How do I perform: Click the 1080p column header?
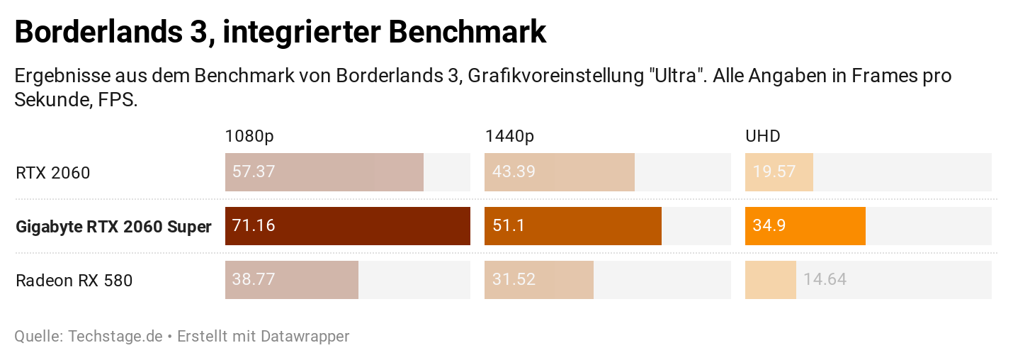click(249, 136)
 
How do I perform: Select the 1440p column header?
click(509, 136)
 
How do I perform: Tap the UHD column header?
click(762, 136)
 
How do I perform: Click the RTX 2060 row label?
click(52, 173)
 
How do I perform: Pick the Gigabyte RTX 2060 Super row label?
click(113, 227)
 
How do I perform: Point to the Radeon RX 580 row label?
click(74, 281)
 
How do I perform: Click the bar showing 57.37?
click(324, 172)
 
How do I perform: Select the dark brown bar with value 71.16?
click(347, 226)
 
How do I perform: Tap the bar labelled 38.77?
click(291, 280)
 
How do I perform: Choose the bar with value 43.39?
click(559, 172)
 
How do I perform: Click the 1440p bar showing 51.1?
click(572, 226)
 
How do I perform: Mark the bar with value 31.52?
click(538, 280)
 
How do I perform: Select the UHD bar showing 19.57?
click(779, 172)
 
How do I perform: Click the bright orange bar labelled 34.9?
click(805, 226)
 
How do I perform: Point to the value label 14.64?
click(825, 280)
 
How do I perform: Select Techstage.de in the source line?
click(115, 336)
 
